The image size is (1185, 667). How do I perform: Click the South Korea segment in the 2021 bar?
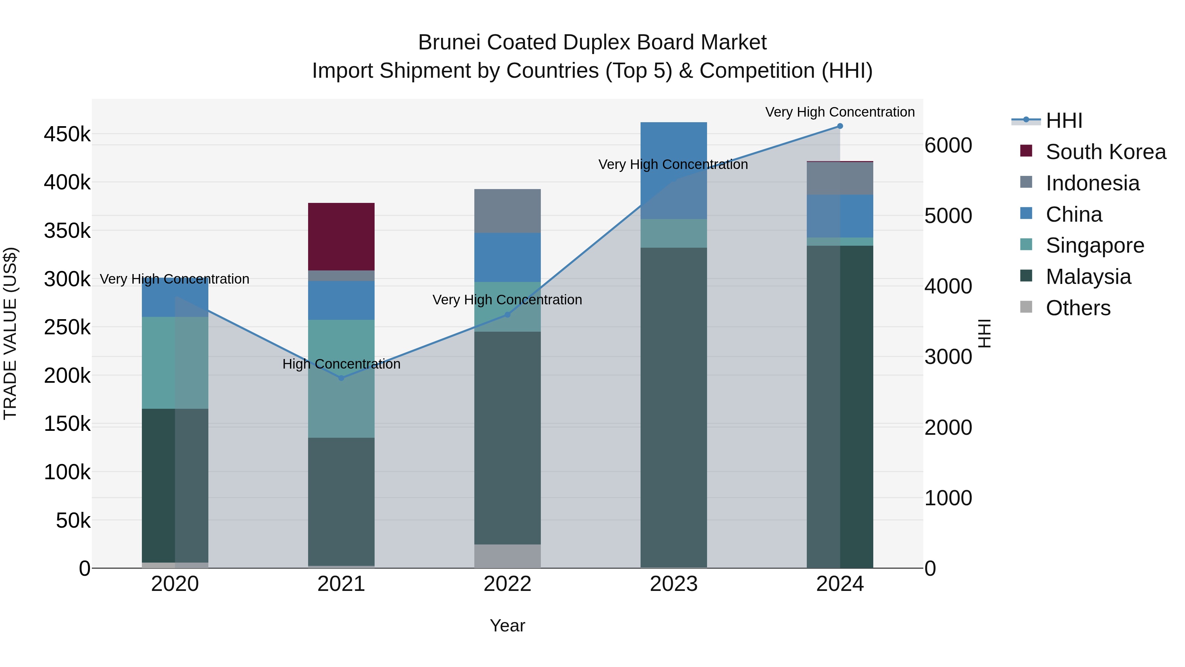[341, 236]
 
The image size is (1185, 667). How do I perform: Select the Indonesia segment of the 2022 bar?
[507, 211]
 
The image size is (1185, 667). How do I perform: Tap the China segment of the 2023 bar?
[673, 170]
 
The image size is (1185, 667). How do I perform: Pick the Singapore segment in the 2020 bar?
[175, 363]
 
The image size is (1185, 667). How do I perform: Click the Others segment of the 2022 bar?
[507, 556]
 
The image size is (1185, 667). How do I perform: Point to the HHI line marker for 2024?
[840, 126]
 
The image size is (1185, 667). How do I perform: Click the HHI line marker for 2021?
[341, 378]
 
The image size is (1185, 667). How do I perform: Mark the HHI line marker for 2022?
[507, 315]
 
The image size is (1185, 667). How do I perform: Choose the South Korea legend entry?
[1105, 152]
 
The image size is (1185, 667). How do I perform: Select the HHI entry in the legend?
[1064, 121]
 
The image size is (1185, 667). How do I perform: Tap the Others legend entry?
[1078, 308]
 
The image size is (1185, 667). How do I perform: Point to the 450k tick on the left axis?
[67, 134]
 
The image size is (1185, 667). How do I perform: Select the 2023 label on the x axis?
[673, 584]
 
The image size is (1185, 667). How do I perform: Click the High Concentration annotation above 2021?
[341, 364]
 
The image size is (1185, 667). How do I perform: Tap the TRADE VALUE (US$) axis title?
[10, 333]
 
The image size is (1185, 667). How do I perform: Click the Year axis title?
[507, 625]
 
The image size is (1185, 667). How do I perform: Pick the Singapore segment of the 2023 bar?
[673, 234]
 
